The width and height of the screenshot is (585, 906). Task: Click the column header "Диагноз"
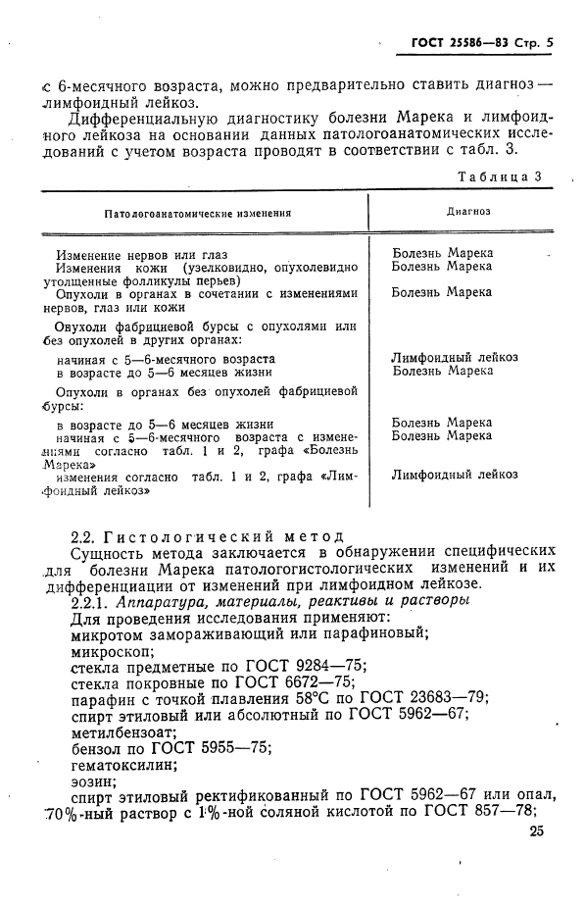[x=468, y=211]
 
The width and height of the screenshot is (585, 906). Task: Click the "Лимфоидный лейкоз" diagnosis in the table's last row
[x=455, y=475]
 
